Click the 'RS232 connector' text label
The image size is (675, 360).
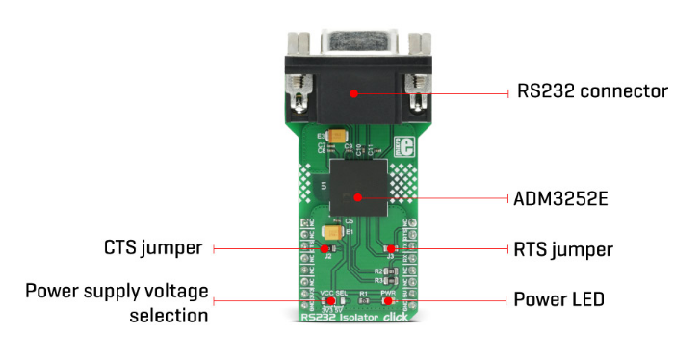[592, 92]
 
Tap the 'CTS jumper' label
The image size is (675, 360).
[155, 248]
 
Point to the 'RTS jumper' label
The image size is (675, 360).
[563, 249]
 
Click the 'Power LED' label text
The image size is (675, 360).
[559, 300]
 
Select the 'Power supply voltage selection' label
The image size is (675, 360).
[117, 302]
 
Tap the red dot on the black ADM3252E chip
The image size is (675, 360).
[357, 198]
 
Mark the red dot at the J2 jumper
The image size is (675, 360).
[329, 248]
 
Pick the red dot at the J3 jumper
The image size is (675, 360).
[389, 248]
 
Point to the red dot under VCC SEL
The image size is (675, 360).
[328, 300]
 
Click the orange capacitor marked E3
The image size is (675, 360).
[338, 138]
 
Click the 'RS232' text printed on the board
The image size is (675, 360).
[316, 317]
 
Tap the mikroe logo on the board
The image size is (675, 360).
[405, 147]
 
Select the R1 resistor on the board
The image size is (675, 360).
[363, 299]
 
